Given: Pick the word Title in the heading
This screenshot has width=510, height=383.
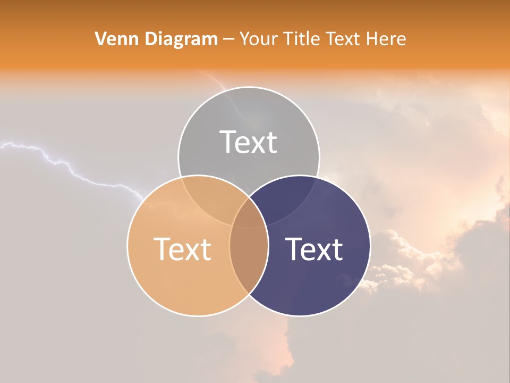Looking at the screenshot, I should click(303, 39).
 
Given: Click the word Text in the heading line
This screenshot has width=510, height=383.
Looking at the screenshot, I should click(348, 39).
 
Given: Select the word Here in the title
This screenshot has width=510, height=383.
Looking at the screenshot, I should click(389, 39).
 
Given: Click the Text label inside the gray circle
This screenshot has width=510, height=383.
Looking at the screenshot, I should click(249, 143).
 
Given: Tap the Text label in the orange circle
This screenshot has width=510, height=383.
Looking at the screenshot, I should click(182, 249).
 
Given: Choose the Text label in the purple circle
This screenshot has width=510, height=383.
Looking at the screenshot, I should click(314, 249).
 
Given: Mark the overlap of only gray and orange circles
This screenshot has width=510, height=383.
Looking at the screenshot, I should click(210, 197).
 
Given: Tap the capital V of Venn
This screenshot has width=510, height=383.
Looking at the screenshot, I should click(100, 39).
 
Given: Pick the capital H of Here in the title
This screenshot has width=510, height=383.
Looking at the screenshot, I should click(378, 39).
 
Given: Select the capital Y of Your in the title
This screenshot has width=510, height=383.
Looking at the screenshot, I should click(244, 39).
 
